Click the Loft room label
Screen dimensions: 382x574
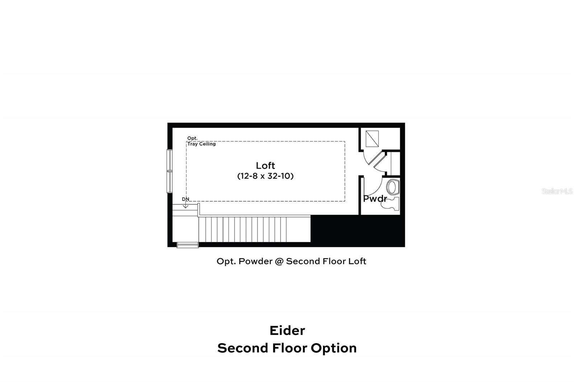[265, 166]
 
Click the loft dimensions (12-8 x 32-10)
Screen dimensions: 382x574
[265, 176]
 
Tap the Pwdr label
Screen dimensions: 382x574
[375, 199]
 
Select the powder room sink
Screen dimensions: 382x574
[392, 187]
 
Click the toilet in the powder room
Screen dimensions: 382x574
[394, 204]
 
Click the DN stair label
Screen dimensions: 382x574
[185, 199]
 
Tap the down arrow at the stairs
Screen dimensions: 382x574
[185, 205]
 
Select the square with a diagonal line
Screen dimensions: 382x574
[372, 138]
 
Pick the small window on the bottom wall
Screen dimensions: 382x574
[188, 245]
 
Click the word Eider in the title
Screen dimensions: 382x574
[287, 330]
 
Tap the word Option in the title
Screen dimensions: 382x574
[334, 348]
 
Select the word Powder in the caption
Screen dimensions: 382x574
[255, 261]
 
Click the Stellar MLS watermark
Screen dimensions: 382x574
[557, 192]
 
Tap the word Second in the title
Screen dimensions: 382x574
[243, 348]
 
